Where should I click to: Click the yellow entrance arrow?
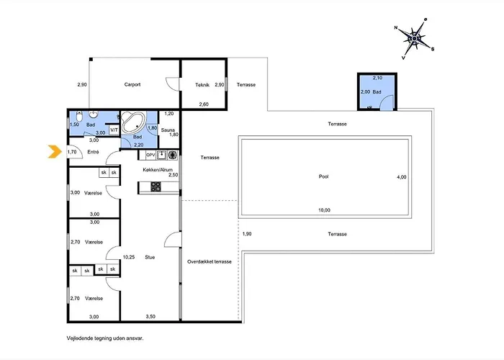click(55, 152)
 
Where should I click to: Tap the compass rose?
click(415, 39)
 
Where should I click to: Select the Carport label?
click(132, 84)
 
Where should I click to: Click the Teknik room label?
click(202, 85)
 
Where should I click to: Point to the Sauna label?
click(168, 130)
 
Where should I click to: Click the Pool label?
click(324, 176)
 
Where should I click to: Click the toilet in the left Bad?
click(79, 116)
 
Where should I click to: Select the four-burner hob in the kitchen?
click(156, 186)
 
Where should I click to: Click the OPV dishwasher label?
click(150, 155)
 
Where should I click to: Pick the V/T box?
click(114, 130)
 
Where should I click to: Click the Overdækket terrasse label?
click(210, 261)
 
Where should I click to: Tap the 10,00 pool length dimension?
click(324, 210)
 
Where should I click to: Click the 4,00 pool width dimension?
click(402, 177)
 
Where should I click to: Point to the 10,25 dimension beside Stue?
click(129, 257)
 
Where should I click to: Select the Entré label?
click(93, 152)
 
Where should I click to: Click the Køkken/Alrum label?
click(158, 170)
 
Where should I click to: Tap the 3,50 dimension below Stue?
click(150, 317)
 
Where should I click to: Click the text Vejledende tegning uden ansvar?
click(105, 338)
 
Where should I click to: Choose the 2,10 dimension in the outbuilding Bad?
click(377, 78)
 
